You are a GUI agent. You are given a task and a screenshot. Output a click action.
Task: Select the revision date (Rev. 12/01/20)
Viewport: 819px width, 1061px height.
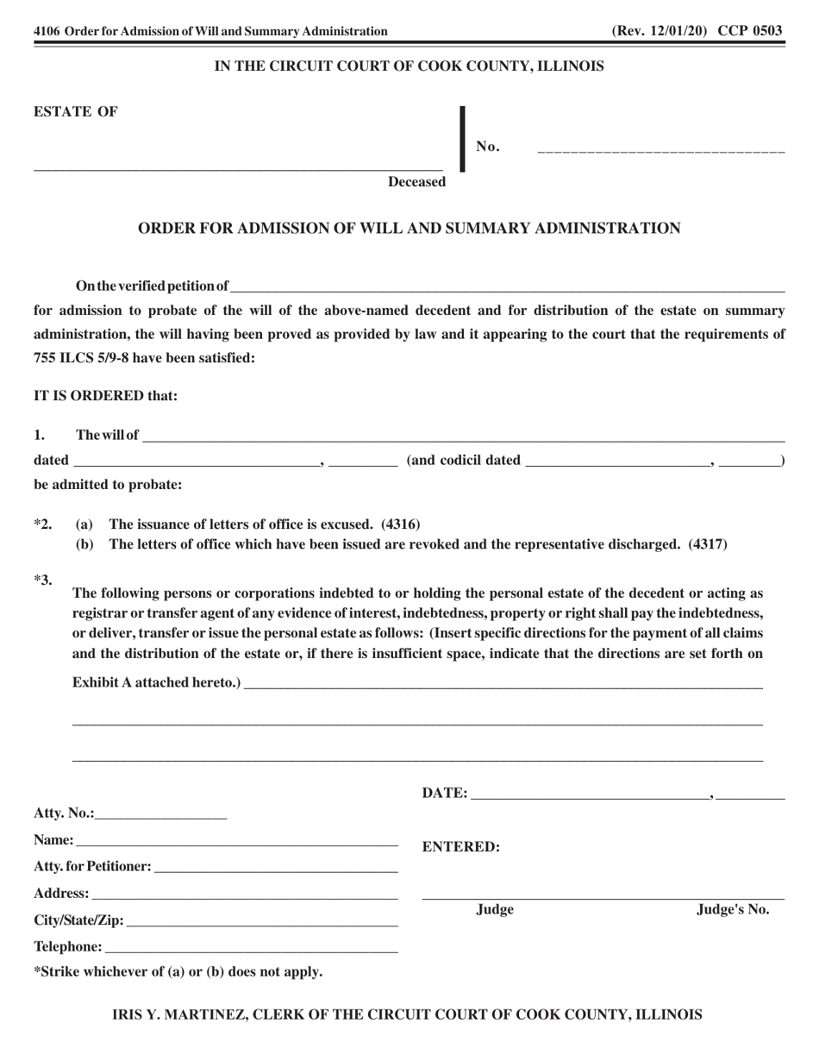click(660, 31)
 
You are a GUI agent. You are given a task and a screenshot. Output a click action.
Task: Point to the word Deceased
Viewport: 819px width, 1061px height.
click(416, 181)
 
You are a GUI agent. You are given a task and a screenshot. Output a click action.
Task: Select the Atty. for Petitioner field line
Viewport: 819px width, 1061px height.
click(276, 866)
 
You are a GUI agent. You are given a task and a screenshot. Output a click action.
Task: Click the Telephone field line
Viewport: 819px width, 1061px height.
click(251, 948)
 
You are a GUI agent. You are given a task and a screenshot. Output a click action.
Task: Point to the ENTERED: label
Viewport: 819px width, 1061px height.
click(461, 847)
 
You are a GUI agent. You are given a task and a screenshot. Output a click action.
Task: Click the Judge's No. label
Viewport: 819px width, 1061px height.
click(733, 909)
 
